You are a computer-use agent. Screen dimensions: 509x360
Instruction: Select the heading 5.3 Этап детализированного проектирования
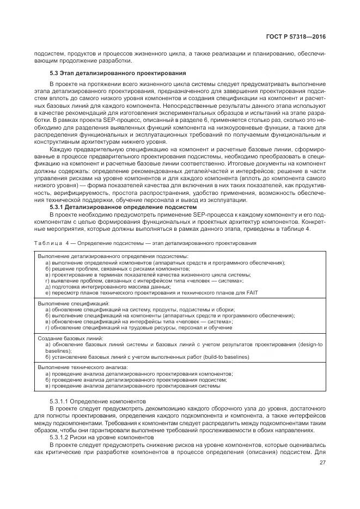click(118, 72)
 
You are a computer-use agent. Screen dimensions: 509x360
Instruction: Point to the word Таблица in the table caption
click(46, 243)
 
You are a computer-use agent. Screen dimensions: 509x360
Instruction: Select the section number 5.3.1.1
click(59, 401)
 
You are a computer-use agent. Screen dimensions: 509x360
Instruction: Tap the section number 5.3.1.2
click(59, 437)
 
